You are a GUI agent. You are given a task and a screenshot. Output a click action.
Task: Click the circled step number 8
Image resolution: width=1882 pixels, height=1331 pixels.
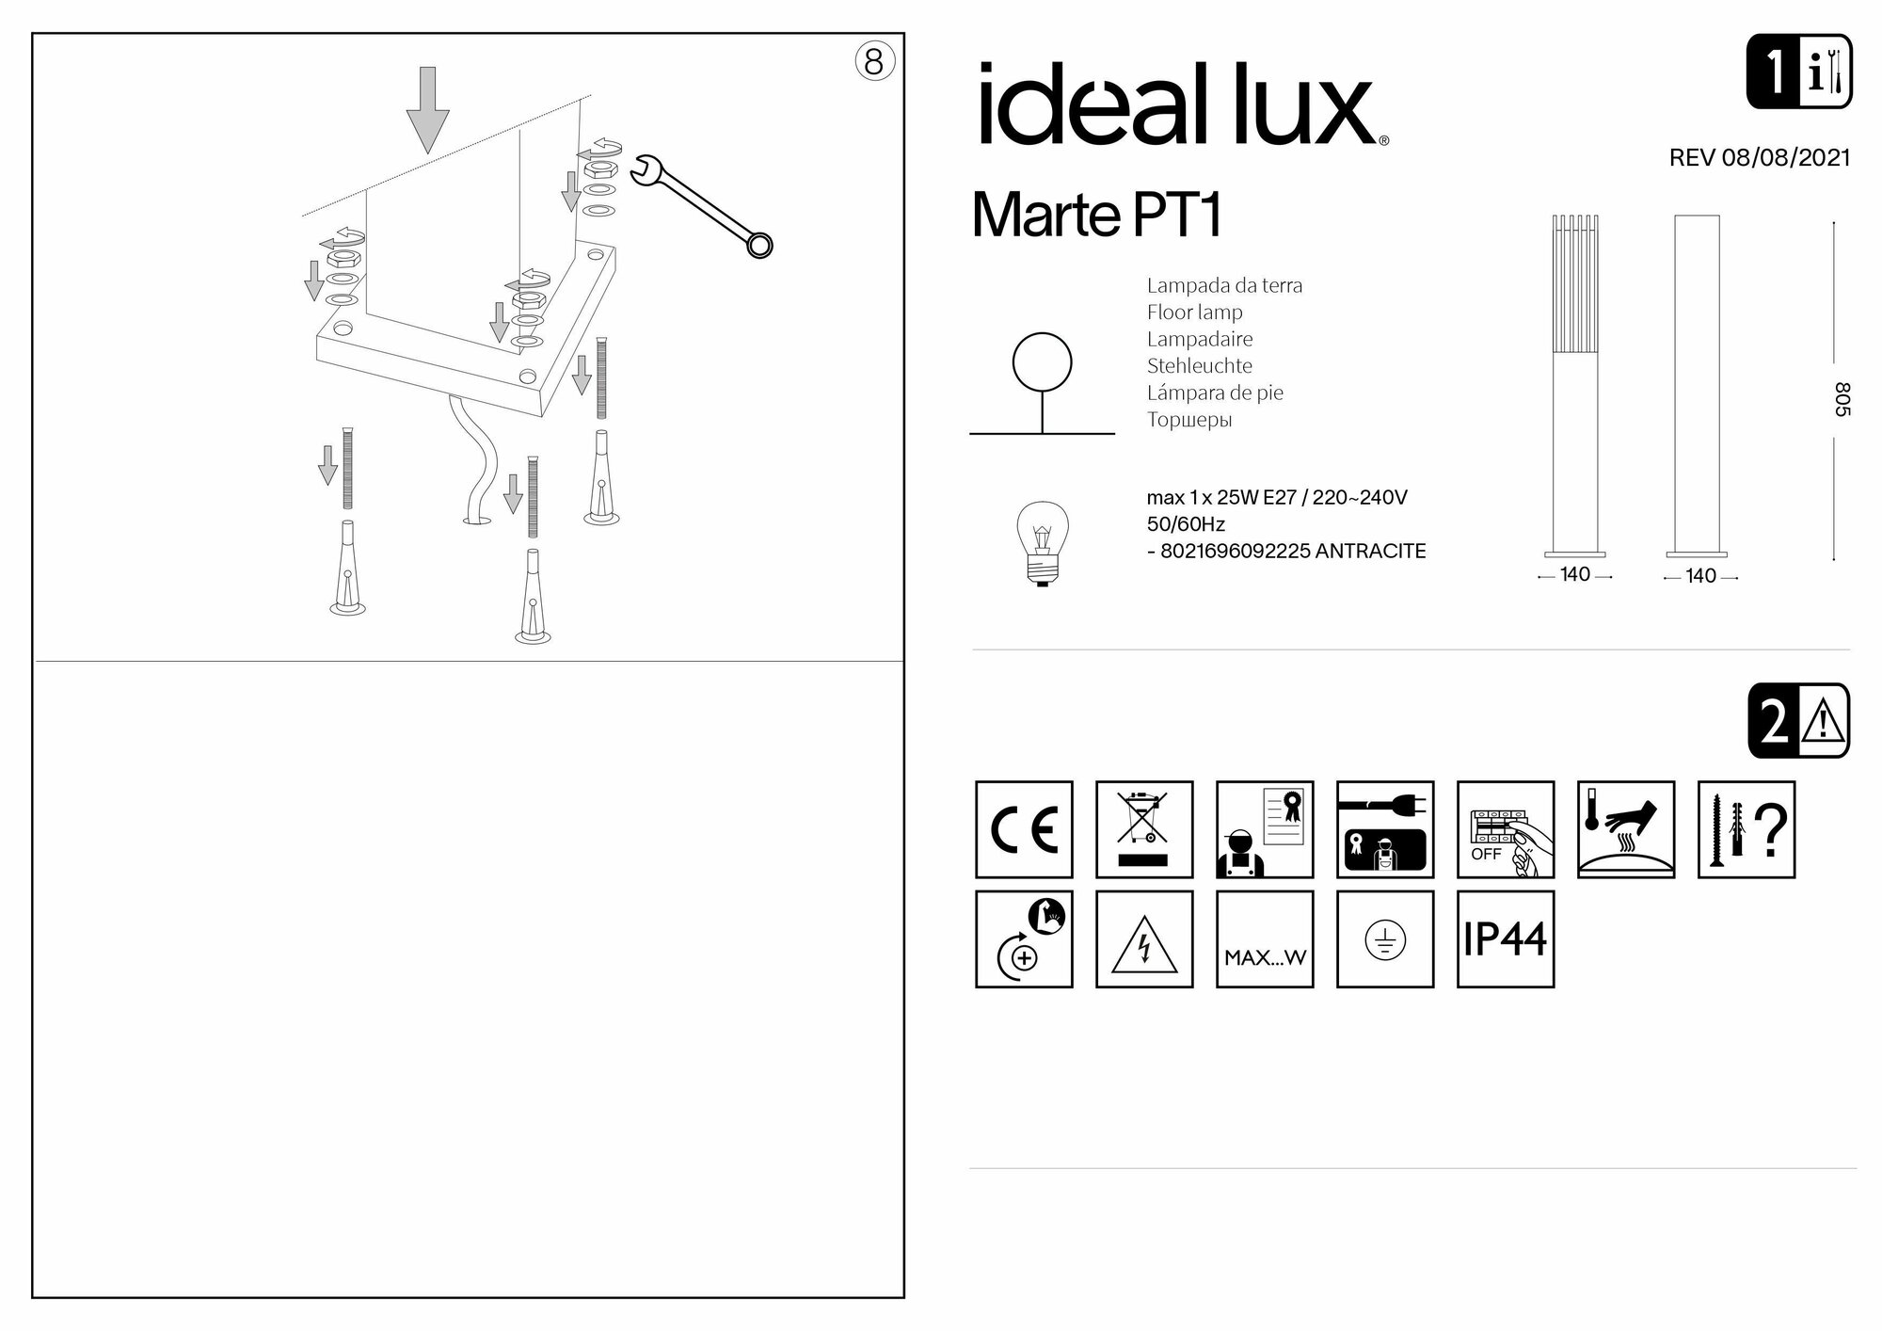coord(874,62)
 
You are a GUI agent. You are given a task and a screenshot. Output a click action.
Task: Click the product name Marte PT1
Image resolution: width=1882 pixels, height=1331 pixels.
coord(1096,216)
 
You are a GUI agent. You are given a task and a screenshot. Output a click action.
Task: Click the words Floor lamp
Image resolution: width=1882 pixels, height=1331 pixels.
coord(1194,313)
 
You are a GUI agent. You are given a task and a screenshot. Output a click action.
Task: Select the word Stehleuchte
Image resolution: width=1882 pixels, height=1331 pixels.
coord(1199,366)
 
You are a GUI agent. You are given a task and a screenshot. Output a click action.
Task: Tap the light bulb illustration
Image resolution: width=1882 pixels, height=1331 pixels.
coord(1043,543)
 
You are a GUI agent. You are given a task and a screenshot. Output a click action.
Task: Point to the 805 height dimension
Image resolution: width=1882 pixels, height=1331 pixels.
coord(1842,399)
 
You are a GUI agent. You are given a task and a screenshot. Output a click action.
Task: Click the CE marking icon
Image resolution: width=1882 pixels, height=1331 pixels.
coord(1024,829)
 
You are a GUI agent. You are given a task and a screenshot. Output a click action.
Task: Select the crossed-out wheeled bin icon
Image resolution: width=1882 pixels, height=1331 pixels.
coord(1144,829)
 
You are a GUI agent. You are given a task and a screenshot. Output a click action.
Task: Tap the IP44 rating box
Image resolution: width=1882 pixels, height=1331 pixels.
coord(1505,939)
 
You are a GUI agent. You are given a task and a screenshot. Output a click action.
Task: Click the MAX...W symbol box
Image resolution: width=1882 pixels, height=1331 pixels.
coord(1265,939)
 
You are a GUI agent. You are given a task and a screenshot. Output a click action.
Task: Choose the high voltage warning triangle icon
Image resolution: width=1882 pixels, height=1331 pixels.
coord(1144,939)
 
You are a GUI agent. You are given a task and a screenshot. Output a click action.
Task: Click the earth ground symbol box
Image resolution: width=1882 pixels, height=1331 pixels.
coord(1385,939)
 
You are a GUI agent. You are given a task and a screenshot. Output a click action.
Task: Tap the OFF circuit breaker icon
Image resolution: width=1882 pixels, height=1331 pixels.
coord(1505,829)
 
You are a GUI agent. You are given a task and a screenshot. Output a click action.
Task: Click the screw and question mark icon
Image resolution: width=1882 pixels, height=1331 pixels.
coord(1746,829)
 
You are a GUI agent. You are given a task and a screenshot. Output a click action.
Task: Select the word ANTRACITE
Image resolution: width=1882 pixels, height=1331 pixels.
coord(1370,552)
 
